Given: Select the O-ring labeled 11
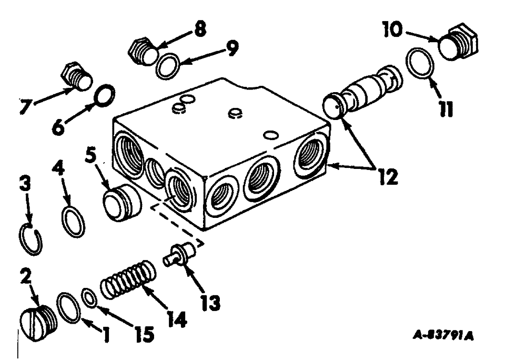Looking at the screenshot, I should point(420,65).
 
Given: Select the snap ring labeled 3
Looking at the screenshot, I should point(33,240).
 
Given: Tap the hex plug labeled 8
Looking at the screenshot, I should point(141,51).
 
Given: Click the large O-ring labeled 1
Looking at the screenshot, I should point(68,307).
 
